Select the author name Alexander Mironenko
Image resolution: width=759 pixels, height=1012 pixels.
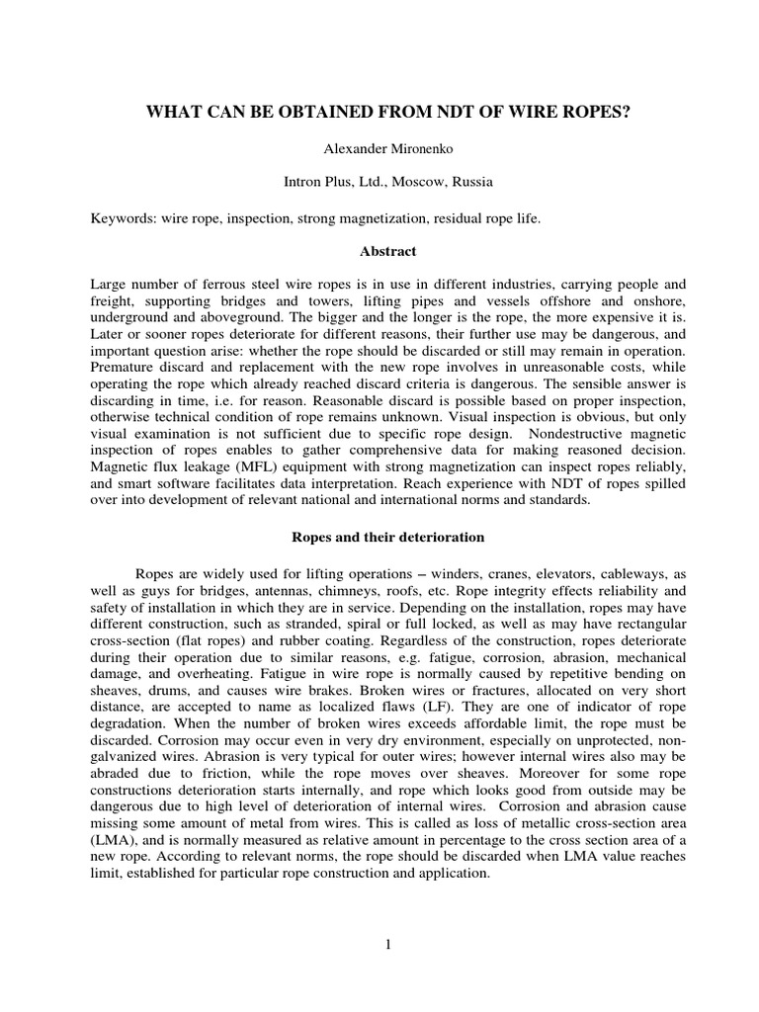click(x=379, y=148)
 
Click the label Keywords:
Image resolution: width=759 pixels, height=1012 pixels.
click(x=126, y=217)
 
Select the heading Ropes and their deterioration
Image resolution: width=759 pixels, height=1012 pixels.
click(x=379, y=537)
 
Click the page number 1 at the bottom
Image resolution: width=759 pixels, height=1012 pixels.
click(x=388, y=944)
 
